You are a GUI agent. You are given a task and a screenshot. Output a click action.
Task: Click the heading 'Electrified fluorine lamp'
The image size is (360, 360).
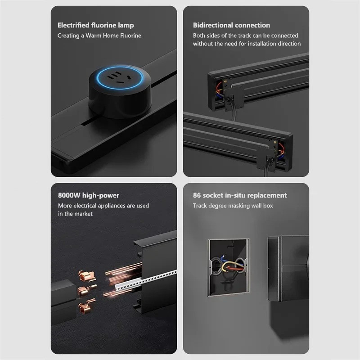(95, 25)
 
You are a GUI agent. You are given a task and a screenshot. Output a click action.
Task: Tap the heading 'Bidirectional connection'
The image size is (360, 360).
(231, 25)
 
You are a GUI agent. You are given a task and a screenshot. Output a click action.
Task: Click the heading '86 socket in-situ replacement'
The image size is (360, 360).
(240, 195)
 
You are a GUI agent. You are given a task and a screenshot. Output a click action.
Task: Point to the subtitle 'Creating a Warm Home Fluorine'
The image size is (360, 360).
(99, 36)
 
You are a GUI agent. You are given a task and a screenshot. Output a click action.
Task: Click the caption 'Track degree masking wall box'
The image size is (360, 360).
(233, 206)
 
